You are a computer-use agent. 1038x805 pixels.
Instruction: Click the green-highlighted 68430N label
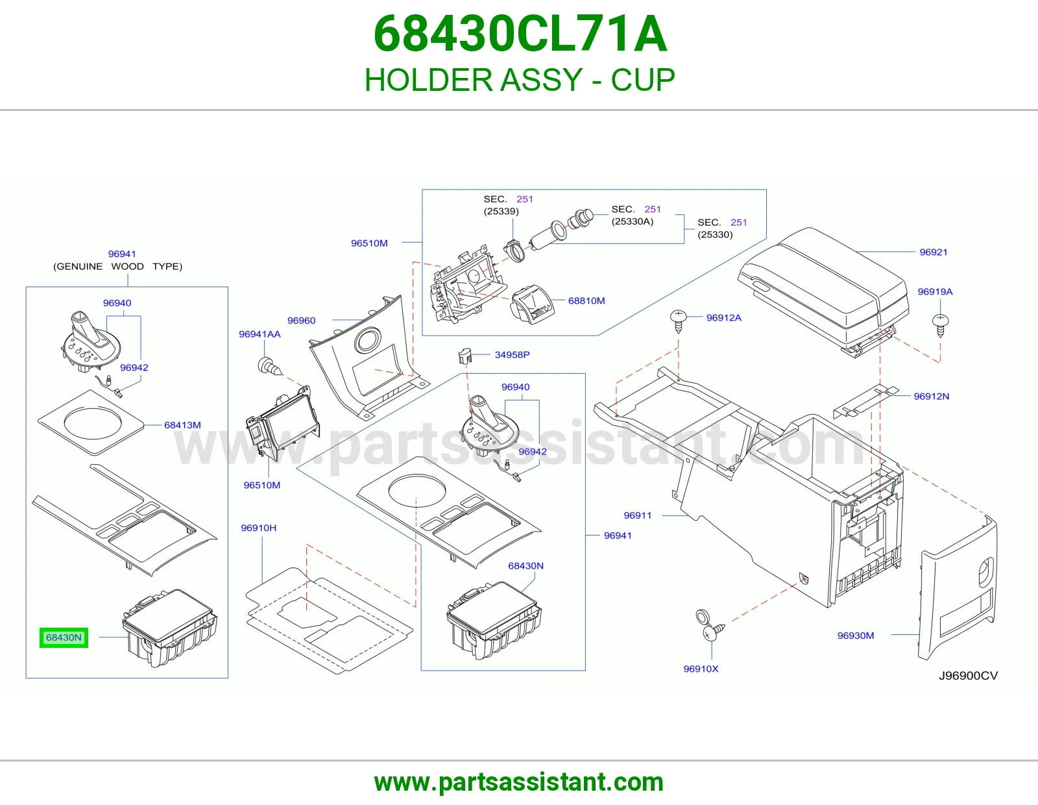(64, 638)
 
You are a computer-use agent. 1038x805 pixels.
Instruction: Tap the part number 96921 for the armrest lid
(934, 252)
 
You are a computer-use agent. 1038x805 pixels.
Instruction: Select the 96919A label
(935, 291)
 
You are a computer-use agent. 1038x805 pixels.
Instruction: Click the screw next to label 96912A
(679, 321)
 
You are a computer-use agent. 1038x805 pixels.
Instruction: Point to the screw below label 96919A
(940, 325)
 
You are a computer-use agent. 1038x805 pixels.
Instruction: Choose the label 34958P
(512, 354)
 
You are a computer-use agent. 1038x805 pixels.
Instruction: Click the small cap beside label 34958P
(465, 356)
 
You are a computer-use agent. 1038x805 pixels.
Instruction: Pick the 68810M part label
(586, 301)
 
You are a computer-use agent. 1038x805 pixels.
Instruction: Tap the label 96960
(302, 320)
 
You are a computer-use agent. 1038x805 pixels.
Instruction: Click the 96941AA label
(260, 334)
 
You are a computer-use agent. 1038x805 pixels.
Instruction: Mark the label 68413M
(182, 425)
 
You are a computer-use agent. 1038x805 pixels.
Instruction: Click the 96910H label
(258, 528)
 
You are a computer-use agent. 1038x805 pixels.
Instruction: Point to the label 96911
(638, 515)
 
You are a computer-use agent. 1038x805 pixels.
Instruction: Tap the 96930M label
(856, 636)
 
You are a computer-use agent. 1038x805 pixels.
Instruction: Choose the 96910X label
(701, 669)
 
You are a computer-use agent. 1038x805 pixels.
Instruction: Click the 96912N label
(932, 396)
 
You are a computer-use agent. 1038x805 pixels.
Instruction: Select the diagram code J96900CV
(968, 675)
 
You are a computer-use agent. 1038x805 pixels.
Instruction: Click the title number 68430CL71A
(520, 34)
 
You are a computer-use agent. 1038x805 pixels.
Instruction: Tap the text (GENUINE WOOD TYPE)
(117, 266)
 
